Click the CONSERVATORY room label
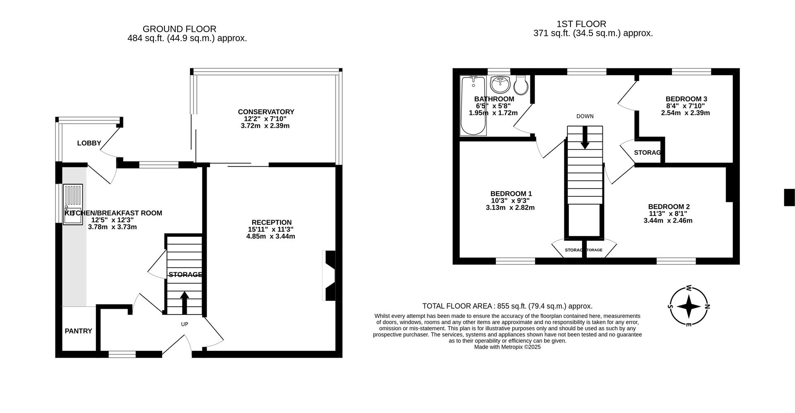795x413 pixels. point(266,112)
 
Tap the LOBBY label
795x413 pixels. point(89,143)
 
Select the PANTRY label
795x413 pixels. point(78,331)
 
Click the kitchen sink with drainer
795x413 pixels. point(73,204)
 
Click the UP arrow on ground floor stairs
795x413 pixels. point(184,302)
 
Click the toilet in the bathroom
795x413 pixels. point(521,86)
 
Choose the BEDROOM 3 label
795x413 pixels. point(686,99)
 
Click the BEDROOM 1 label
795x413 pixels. point(511,194)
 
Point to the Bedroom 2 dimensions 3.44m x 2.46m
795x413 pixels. point(668,221)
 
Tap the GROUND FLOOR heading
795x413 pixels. point(179,29)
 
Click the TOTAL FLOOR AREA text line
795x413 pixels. point(507,306)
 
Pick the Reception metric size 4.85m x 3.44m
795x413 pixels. point(270,236)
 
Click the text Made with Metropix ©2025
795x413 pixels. point(507,347)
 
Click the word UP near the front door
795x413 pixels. point(184,324)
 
